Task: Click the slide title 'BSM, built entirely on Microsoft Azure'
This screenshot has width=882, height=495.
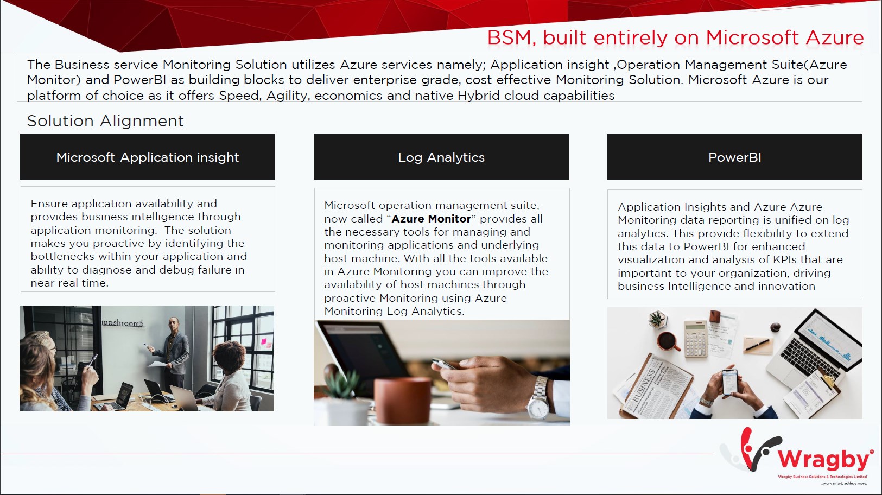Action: tap(675, 38)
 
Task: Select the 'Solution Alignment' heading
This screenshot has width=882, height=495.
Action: tap(105, 121)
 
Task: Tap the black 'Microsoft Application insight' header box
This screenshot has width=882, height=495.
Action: tap(148, 157)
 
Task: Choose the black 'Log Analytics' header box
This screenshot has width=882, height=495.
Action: tap(441, 157)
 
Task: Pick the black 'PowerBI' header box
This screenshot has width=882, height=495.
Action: tap(735, 157)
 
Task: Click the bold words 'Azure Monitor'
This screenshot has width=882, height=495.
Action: tap(431, 219)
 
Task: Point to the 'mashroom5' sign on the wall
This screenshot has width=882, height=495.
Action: tap(123, 323)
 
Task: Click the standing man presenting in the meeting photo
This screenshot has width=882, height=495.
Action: tap(172, 351)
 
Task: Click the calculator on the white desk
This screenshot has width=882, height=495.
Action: tap(695, 338)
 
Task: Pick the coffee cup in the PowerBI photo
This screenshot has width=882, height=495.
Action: tap(668, 341)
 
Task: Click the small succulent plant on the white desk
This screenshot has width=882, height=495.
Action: tap(658, 319)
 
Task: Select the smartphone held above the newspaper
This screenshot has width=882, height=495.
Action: tap(729, 382)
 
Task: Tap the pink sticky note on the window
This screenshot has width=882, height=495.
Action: tap(264, 341)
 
